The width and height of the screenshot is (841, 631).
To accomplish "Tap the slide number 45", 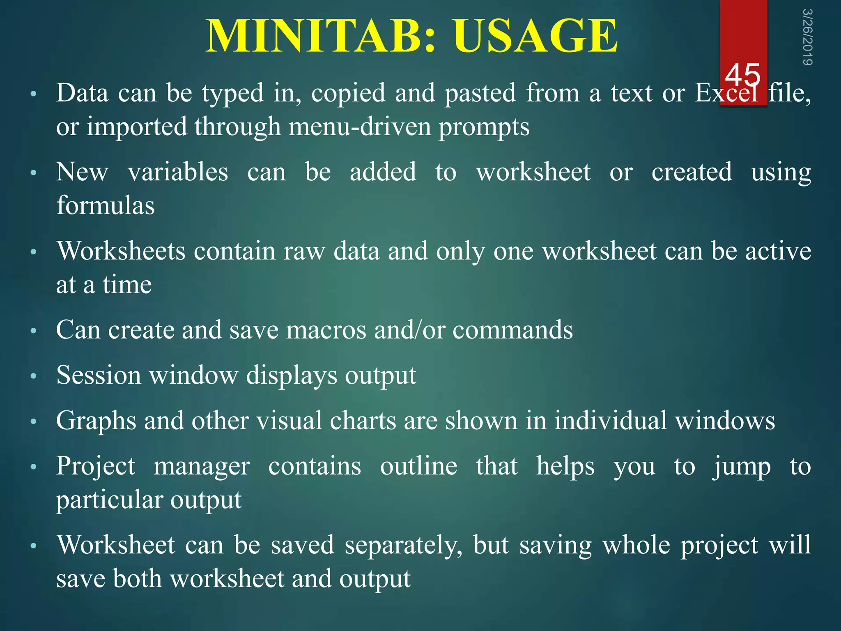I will pos(742,75).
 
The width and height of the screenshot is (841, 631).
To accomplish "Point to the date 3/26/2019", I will pos(807,37).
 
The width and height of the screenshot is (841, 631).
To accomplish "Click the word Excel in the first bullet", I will pos(726,93).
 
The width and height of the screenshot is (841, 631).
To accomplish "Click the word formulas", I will pos(106,205).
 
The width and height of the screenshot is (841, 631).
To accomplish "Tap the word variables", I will pos(178,172).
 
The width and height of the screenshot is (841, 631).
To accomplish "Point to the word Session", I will pos(99,375).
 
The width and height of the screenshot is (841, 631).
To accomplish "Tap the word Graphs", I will pos(96,421).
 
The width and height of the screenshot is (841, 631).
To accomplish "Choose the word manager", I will pos(202,466).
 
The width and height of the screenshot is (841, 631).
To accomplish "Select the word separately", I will pos(403,546).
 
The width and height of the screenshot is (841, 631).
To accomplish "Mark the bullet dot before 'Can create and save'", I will pos(34,330).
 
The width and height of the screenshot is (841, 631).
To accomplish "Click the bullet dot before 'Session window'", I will pos(34,376).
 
